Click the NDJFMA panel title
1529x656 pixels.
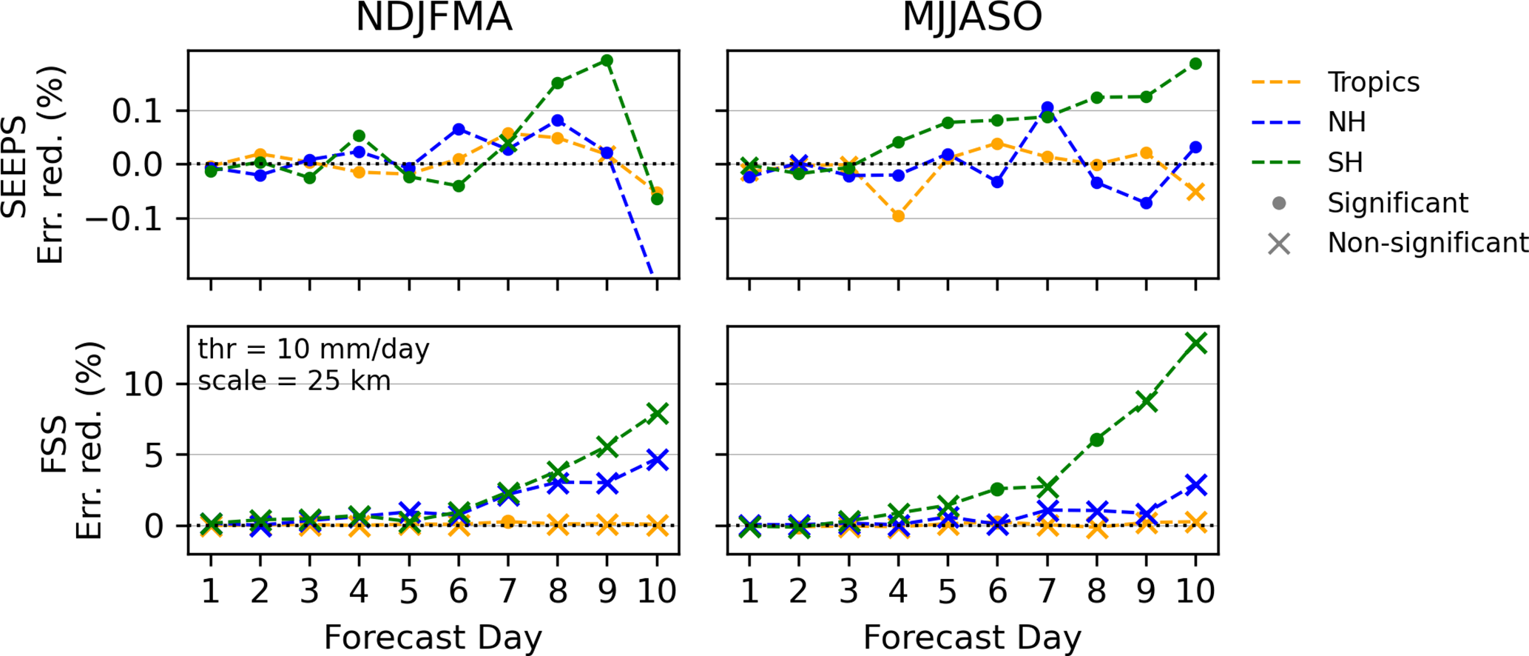[x=433, y=18]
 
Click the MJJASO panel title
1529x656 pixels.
[x=972, y=18]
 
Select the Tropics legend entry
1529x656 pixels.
[x=1373, y=82]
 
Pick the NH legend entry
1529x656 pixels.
[x=1346, y=122]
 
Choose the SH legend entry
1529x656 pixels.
[x=1345, y=162]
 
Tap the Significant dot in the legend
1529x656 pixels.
[x=1279, y=204]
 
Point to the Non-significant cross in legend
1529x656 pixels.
[x=1279, y=244]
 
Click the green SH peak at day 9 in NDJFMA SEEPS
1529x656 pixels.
[x=607, y=61]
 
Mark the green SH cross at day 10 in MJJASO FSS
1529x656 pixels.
[x=1195, y=343]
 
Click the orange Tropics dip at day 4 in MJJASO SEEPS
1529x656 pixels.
[x=898, y=216]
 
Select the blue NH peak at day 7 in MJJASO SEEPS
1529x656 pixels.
[x=1047, y=108]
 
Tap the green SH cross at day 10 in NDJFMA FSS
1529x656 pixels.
[x=657, y=413]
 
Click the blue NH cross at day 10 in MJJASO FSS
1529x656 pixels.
[x=1195, y=485]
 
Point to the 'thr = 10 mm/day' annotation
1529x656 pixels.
[x=314, y=349]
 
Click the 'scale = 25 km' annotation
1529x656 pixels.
[x=294, y=381]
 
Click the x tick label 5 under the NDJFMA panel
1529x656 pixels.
[x=408, y=592]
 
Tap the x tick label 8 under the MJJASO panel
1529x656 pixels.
[x=1096, y=592]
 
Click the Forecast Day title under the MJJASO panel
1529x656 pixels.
[x=972, y=637]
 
